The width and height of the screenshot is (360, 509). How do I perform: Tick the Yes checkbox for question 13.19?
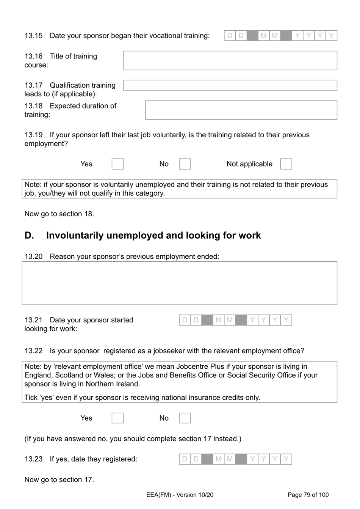click(117, 164)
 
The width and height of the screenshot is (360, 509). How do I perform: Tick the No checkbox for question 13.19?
click(185, 164)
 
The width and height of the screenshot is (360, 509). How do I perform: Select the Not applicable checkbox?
click(286, 164)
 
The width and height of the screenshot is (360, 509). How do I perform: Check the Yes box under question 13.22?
click(117, 418)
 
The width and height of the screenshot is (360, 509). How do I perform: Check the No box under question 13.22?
click(185, 418)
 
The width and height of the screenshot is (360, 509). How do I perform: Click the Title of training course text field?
click(230, 61)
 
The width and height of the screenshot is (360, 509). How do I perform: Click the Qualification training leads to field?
click(230, 85)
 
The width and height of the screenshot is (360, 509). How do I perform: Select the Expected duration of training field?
click(241, 110)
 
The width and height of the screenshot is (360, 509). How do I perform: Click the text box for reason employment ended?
click(179, 283)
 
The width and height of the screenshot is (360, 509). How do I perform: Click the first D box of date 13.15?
click(230, 36)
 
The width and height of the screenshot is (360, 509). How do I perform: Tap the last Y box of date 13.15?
click(332, 36)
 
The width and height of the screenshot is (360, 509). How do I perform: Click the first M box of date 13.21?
click(219, 320)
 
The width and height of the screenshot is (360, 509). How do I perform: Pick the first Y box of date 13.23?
click(252, 459)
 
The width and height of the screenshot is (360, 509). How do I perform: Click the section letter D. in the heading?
click(29, 236)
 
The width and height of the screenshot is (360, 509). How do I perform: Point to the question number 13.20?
click(33, 256)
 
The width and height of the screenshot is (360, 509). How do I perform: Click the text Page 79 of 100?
click(308, 495)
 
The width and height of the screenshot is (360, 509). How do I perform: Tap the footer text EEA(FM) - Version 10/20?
click(180, 495)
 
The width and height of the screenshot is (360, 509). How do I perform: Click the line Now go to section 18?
click(59, 214)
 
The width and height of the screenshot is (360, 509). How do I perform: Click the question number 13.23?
click(33, 459)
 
